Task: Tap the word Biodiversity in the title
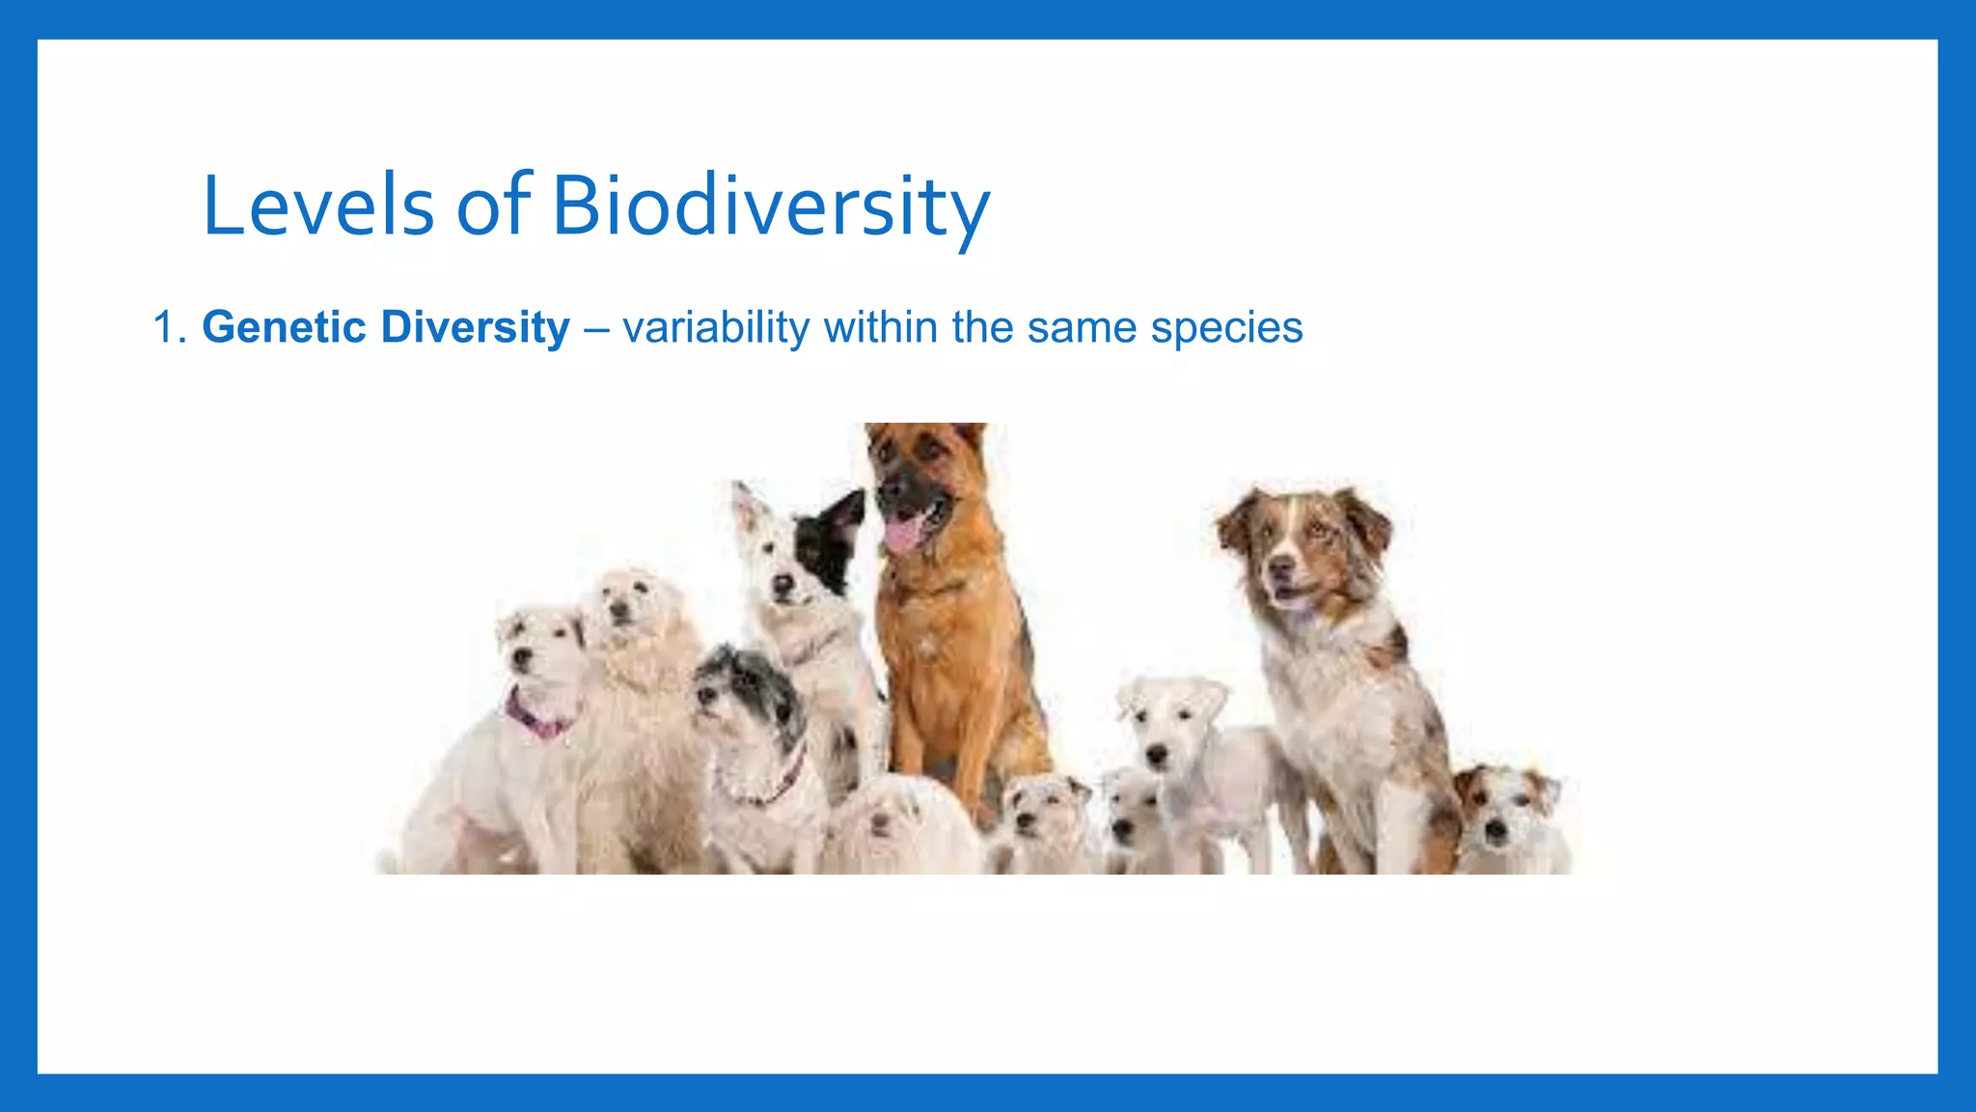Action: point(770,206)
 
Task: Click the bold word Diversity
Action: point(475,327)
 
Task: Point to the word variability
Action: point(716,327)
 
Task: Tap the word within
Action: point(880,327)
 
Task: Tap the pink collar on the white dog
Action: point(535,719)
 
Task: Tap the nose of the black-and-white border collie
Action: point(782,585)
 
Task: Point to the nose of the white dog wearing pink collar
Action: point(522,657)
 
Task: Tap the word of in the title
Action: point(493,206)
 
